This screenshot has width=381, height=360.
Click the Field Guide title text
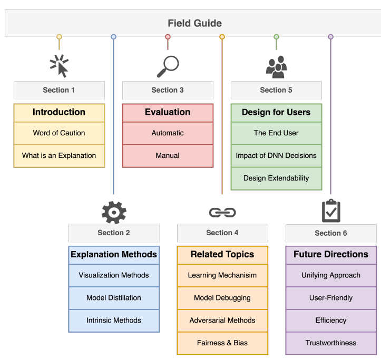194,23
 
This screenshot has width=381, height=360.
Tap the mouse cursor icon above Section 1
60,66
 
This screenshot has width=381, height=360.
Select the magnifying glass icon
168,66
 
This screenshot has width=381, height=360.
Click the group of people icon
276,67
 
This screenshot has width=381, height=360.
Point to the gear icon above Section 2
114,213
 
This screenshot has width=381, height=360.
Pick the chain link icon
222,213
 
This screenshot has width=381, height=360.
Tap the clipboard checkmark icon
331,211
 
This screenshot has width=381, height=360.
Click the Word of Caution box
60,133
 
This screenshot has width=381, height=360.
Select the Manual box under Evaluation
168,156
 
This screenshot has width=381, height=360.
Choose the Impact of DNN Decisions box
276,156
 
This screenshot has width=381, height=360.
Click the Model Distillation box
114,298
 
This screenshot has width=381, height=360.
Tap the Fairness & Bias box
222,343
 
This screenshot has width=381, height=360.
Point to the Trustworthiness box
331,343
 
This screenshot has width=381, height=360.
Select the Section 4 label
222,233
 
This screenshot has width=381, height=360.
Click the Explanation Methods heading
114,255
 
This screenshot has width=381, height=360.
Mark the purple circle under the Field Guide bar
331,37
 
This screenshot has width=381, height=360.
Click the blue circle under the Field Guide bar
113,37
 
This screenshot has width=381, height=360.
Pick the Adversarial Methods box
222,321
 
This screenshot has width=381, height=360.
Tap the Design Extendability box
276,178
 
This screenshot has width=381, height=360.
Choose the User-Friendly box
331,298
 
